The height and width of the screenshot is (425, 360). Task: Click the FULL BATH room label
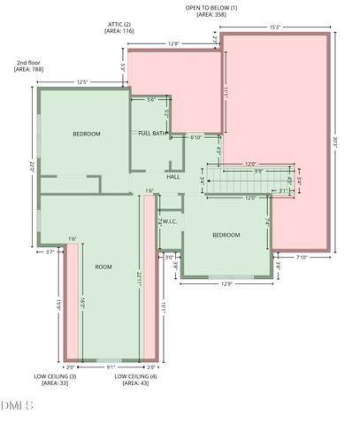pos(153,134)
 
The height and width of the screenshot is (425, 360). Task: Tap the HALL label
pos(173,177)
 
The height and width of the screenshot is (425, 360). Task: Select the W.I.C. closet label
pos(169,221)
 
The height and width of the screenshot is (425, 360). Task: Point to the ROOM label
pos(104,267)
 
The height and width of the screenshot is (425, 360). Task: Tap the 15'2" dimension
pos(275,27)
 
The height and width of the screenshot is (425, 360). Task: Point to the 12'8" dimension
pos(173,42)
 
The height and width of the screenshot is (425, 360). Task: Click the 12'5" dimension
pos(82,82)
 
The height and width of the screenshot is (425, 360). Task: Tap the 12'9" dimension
pos(225,283)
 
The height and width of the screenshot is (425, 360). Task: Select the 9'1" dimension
pos(110,367)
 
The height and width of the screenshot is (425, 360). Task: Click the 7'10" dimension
pos(301,258)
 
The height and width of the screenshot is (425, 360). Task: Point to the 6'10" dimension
pos(197,137)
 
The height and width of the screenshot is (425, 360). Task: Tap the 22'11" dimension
pos(139,279)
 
